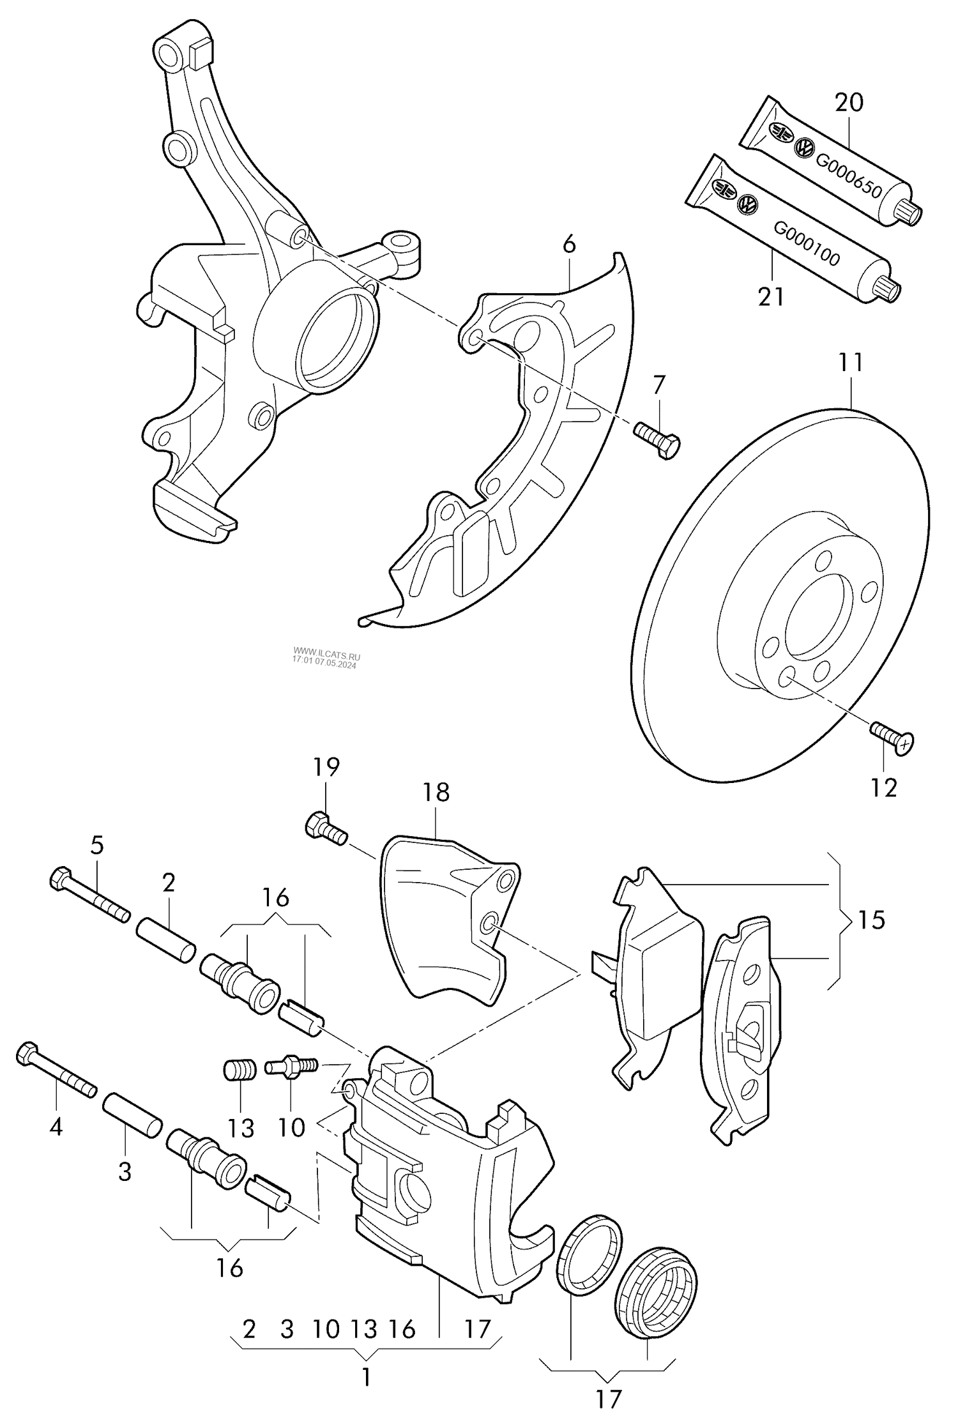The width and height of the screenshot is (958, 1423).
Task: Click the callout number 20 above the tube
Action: pos(849,102)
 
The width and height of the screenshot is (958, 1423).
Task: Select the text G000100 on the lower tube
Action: pos(807,244)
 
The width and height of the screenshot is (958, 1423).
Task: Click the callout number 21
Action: pos(771,297)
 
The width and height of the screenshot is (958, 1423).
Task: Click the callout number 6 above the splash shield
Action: pos(569,245)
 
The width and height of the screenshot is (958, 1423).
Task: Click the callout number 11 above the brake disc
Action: pos(851,363)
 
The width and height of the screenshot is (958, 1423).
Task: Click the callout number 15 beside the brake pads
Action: pos(871,920)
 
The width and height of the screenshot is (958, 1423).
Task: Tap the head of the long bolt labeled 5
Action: pos(59,878)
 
